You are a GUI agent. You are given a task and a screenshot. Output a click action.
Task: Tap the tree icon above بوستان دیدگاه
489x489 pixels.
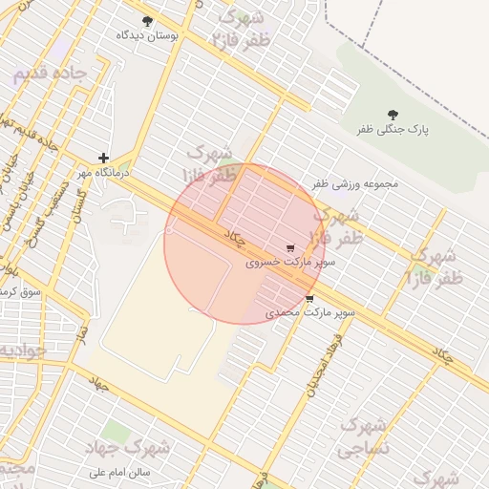(x=146, y=21)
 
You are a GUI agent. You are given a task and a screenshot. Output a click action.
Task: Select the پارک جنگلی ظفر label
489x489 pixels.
(x=393, y=128)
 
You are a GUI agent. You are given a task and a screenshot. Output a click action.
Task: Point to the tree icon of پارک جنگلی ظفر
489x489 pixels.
(x=393, y=114)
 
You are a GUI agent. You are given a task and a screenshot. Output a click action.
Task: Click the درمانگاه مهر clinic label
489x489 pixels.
(x=103, y=172)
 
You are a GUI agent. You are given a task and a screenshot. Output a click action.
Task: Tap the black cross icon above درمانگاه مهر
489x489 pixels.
(x=103, y=158)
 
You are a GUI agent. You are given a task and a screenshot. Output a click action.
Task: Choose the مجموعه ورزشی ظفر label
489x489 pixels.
(x=354, y=183)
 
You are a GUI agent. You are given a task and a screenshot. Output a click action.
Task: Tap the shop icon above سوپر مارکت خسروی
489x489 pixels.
(x=289, y=246)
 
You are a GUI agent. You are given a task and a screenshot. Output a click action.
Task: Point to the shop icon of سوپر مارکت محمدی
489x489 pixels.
(x=309, y=299)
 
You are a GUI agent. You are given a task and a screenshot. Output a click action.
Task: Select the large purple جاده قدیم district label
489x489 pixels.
(x=50, y=74)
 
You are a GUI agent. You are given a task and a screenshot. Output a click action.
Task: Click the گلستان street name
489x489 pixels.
(x=78, y=204)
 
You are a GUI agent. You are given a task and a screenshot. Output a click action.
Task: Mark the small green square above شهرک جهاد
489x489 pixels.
(x=116, y=432)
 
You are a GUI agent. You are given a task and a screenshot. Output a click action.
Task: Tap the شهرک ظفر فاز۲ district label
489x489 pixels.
(x=240, y=29)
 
